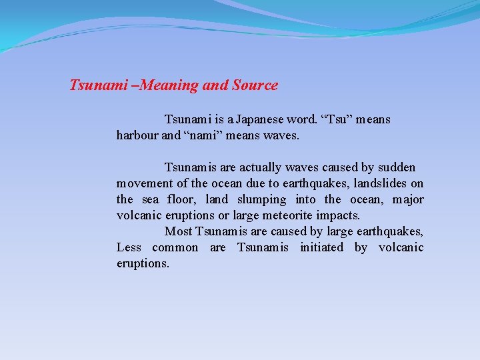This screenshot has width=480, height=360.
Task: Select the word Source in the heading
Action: point(255,85)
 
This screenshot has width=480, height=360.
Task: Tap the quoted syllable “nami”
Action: point(201,136)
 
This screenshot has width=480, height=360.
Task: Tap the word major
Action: point(408,199)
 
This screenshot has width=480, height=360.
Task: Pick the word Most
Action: point(178,231)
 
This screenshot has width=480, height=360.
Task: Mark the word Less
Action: point(129,247)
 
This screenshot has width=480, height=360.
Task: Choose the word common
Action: point(175,247)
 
